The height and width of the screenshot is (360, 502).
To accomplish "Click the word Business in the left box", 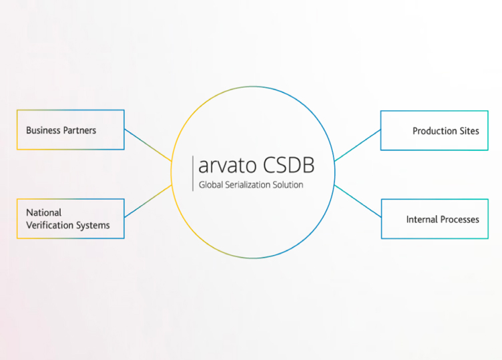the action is [x=43, y=130].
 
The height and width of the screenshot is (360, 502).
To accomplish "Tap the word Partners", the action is [x=79, y=130].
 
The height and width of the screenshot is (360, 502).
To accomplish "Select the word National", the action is [x=44, y=212].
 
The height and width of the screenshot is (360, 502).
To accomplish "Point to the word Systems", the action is [x=93, y=226].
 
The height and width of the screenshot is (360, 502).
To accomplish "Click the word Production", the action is [x=435, y=131].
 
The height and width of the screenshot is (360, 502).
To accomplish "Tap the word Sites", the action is [x=469, y=131].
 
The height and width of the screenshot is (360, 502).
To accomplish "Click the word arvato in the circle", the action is [x=228, y=166].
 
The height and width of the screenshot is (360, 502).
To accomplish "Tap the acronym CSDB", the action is [x=289, y=165].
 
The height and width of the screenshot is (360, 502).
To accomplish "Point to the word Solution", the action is [x=288, y=185].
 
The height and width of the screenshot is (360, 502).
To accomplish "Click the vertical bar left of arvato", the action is [x=193, y=173].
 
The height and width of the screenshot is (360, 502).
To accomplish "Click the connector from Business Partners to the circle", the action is [x=148, y=145].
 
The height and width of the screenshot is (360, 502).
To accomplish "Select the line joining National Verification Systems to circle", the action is [x=148, y=202].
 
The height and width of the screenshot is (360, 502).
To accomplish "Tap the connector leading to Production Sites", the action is [x=358, y=145].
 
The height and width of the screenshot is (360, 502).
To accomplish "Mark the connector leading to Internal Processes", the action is [x=358, y=201].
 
